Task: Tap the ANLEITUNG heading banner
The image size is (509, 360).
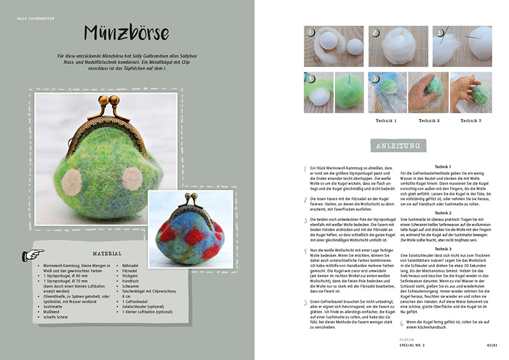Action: click(396, 145)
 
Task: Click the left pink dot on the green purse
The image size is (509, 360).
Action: click(71, 180)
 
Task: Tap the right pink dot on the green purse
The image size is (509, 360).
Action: click(132, 177)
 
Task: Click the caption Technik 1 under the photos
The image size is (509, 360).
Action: click(387, 120)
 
